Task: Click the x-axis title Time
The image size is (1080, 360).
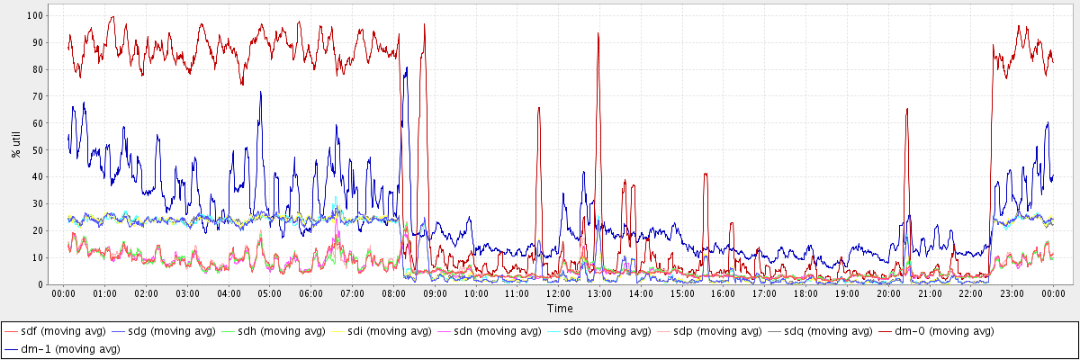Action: [x=560, y=309]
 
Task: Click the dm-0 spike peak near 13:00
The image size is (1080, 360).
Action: [x=598, y=34]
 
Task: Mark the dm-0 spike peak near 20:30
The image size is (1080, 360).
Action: [x=907, y=109]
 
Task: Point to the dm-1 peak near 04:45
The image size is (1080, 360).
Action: [x=260, y=92]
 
